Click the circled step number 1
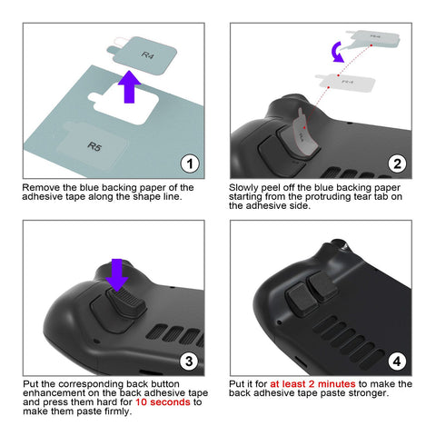pyautogui.click(x=190, y=164)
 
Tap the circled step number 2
pyautogui.click(x=397, y=164)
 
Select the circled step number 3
pyautogui.click(x=189, y=362)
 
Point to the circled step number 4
pyautogui.click(x=397, y=362)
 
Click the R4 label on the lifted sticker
pyautogui.click(x=147, y=55)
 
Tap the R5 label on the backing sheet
pyautogui.click(x=94, y=146)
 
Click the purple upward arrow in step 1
pyautogui.click(x=129, y=87)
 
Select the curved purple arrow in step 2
pyautogui.click(x=338, y=53)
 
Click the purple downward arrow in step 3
pyautogui.click(x=117, y=274)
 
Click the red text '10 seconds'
pyautogui.click(x=163, y=402)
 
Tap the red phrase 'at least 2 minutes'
pyautogui.click(x=312, y=384)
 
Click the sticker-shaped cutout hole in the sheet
pyautogui.click(x=124, y=104)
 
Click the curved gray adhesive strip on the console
pyautogui.click(x=304, y=134)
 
